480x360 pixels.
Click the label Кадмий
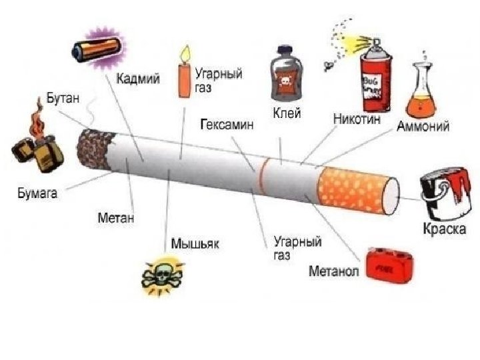click(138, 79)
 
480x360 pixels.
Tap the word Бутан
click(63, 99)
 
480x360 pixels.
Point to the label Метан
click(116, 217)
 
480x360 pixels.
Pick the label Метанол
click(333, 272)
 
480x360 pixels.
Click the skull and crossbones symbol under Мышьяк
click(161, 275)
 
